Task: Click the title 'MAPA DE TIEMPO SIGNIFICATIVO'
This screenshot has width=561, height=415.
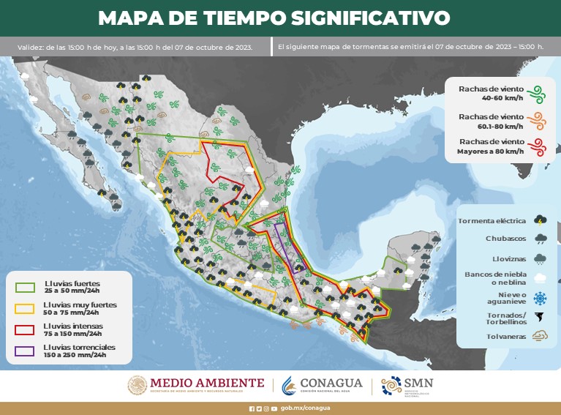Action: click(274, 18)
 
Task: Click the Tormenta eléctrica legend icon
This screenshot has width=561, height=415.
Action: click(541, 220)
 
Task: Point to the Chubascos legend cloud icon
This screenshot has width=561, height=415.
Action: click(541, 239)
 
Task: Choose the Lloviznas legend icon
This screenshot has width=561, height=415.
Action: click(541, 258)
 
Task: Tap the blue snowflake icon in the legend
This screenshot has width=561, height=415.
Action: click(541, 298)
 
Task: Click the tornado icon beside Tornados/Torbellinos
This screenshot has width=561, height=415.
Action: click(541, 317)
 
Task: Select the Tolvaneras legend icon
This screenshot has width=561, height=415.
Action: click(541, 336)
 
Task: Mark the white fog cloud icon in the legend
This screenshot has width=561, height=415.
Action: click(541, 277)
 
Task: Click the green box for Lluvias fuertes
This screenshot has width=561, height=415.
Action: click(25, 286)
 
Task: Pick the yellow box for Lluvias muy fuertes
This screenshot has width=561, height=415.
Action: click(25, 307)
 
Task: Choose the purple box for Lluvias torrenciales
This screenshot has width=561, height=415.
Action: click(25, 351)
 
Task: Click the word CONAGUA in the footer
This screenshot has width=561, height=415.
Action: click(331, 384)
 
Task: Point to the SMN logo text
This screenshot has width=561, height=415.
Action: click(418, 384)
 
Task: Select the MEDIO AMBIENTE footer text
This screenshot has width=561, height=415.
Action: click(207, 383)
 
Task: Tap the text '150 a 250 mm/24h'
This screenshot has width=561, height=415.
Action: click(75, 355)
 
